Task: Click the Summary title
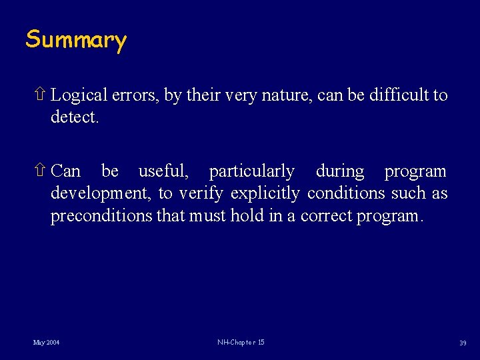75,40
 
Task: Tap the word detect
75,119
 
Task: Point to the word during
340,171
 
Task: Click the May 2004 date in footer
46,343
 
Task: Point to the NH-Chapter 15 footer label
241,343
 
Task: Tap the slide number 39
462,343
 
